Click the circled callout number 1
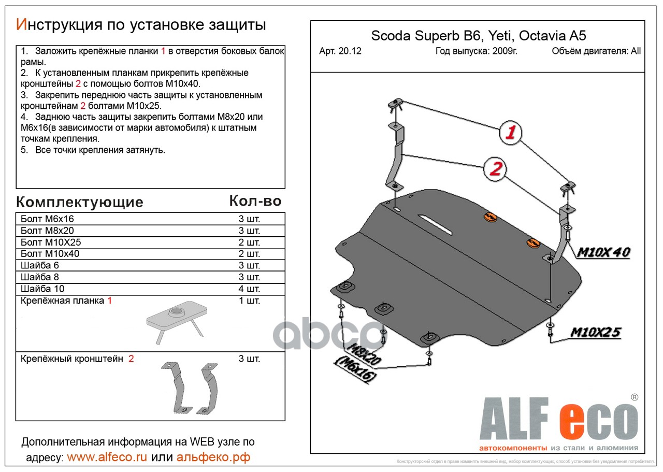point(510,133)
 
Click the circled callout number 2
point(495,169)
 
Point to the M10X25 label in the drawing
point(596,332)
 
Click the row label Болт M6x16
point(47,219)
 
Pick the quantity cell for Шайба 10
point(249,289)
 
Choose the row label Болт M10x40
point(50,254)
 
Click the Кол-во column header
point(255,201)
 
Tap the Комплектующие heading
point(79,202)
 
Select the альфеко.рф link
point(213,457)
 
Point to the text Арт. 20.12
point(340,51)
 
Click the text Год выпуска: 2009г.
point(476,51)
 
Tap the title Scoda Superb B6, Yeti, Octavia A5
point(479,36)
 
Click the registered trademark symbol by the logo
point(634,397)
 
